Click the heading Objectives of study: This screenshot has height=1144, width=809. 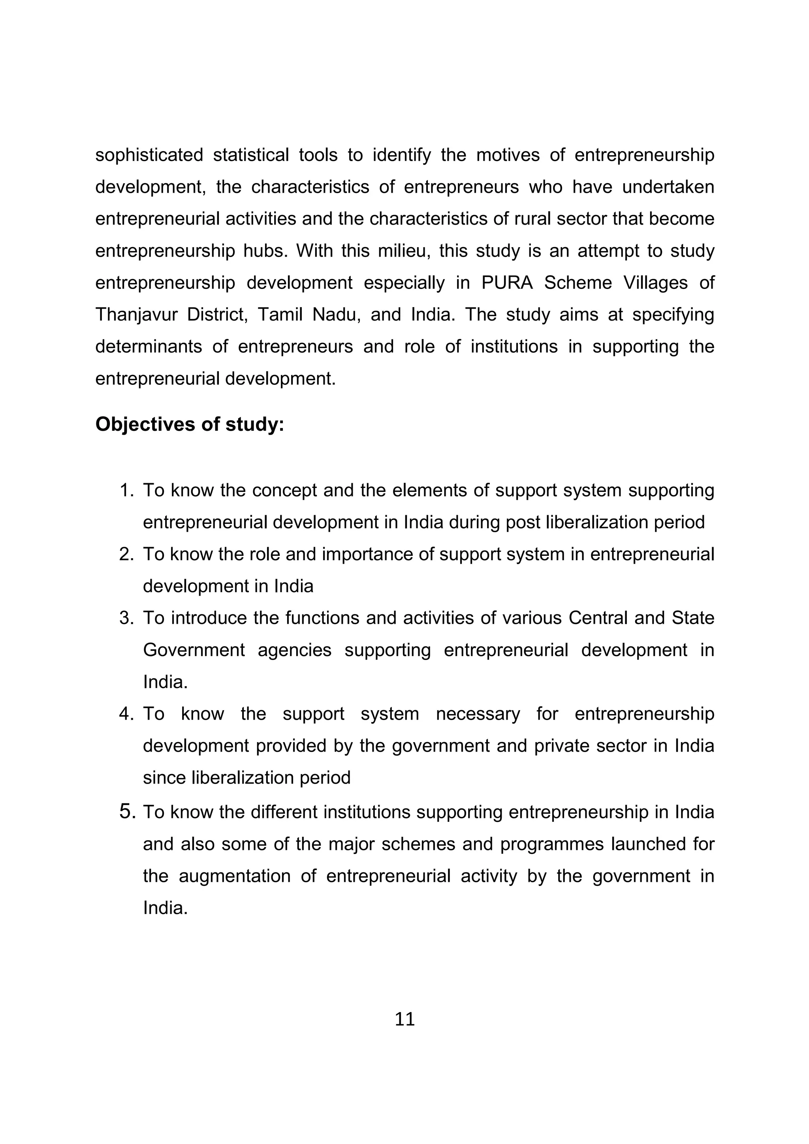(x=190, y=424)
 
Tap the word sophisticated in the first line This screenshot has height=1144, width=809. (x=149, y=155)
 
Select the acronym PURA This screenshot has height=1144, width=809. (x=507, y=283)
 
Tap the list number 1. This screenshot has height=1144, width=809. (x=126, y=490)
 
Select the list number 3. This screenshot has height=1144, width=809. (x=126, y=618)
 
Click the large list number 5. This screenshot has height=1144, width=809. (x=127, y=812)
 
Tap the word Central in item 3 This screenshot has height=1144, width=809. (x=597, y=618)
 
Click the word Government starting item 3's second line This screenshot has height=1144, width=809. (x=194, y=650)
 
